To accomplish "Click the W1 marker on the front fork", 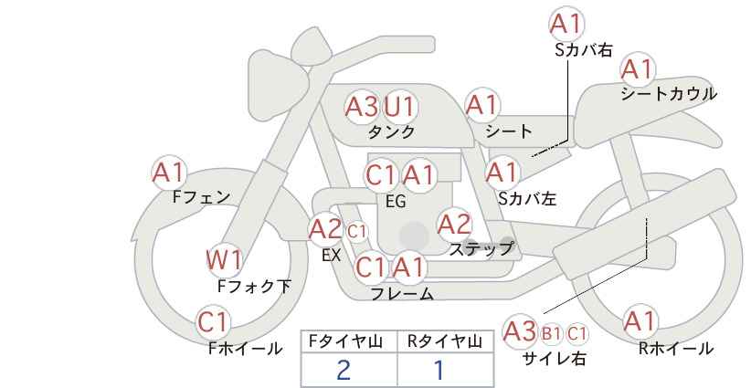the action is [224, 261].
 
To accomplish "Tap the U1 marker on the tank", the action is [399, 106].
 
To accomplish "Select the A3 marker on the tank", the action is [362, 106].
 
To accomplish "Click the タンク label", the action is [391, 131].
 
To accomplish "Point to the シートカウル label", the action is [669, 93].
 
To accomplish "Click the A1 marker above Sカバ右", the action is [566, 24].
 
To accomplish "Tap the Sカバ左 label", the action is [527, 198].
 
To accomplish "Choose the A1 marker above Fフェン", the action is [169, 173].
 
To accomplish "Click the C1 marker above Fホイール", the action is [214, 322].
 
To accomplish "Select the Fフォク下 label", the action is [254, 287].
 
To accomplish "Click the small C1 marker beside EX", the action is [357, 232].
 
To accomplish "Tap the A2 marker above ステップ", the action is [454, 224].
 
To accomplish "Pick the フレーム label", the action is [402, 294].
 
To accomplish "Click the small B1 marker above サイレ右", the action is [551, 333].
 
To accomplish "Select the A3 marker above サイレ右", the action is [520, 331].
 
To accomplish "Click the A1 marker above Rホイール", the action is [640, 321].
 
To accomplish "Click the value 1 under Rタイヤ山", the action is [439, 370].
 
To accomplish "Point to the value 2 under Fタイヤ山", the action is [344, 370].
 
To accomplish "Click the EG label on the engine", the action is [396, 202].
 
